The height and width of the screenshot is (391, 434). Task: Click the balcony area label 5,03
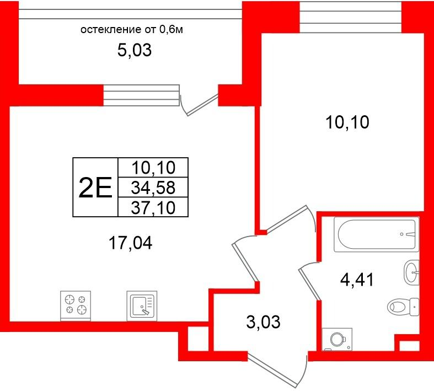coord(135,51)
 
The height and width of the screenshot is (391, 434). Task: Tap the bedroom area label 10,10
coord(347,122)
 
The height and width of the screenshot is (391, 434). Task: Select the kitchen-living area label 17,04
coord(130,244)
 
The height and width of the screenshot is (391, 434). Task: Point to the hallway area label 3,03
coord(263,323)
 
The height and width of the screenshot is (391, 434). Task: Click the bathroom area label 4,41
coord(357,280)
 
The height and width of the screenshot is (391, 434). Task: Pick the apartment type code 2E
coord(95,188)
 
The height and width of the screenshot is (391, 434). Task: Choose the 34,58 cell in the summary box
coord(153,188)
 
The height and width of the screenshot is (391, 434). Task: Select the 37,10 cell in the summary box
coord(153,207)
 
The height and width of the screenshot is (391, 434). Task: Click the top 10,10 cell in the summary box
coord(153,168)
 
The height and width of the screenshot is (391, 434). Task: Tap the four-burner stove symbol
coord(76,306)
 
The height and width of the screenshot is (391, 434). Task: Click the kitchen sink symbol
coord(142,306)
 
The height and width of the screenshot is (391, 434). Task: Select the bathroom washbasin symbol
coord(411,272)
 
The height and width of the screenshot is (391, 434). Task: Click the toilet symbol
coord(403,307)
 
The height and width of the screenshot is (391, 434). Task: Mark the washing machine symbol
coord(337,339)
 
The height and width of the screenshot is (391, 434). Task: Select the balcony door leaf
coord(202,105)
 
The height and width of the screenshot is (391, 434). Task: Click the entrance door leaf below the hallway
coord(272,371)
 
